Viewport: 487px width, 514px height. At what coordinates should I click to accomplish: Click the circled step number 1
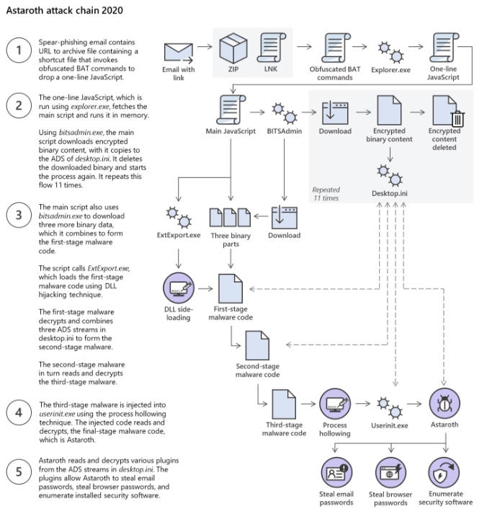(19, 50)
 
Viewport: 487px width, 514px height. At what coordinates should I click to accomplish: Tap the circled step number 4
(19, 412)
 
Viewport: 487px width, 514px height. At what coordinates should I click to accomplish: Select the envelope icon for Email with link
(179, 53)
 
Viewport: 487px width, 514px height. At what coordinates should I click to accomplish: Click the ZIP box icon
(233, 48)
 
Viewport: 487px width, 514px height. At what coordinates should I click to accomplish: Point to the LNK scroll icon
(271, 48)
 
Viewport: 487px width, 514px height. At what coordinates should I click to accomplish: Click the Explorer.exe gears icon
(390, 52)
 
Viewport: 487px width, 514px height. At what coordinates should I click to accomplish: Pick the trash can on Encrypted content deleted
(457, 119)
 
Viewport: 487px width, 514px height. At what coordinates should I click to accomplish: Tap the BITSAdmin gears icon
(285, 113)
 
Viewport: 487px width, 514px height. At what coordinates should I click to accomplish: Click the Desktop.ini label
(390, 193)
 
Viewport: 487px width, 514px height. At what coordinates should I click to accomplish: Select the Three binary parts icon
(231, 217)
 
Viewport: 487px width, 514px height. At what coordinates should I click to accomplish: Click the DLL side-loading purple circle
(179, 288)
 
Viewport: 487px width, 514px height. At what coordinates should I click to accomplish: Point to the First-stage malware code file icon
(231, 288)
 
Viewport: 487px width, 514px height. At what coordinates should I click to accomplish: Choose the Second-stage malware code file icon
(257, 345)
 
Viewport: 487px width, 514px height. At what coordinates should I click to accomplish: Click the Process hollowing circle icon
(335, 404)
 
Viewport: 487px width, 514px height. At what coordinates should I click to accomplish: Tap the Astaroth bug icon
(444, 404)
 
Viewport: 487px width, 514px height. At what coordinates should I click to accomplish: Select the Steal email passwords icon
(336, 473)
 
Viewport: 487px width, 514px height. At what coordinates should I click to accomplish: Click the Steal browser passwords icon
(390, 473)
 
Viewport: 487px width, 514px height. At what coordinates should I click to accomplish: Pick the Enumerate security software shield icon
(444, 473)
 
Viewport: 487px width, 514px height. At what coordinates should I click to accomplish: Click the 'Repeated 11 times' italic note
(326, 194)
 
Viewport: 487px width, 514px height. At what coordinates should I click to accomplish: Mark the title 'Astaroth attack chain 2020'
(65, 11)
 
